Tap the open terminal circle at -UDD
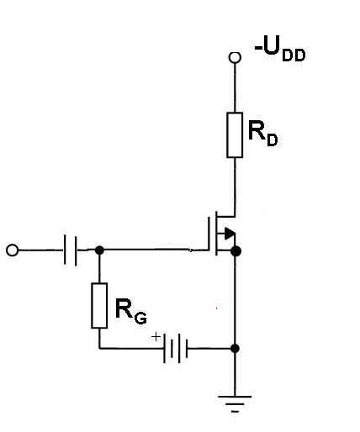pyautogui.click(x=235, y=57)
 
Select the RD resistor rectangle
pyautogui.click(x=235, y=135)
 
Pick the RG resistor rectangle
pyautogui.click(x=99, y=305)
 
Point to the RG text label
pyautogui.click(x=130, y=312)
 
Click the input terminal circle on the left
pyautogui.click(x=12, y=250)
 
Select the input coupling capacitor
pyautogui.click(x=70, y=250)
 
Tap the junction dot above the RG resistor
pyautogui.click(x=99, y=250)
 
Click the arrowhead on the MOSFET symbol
pyautogui.click(x=230, y=234)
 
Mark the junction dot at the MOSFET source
pyautogui.click(x=236, y=251)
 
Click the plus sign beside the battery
pyautogui.click(x=156, y=336)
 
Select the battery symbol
pyautogui.click(x=176, y=348)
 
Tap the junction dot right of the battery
pyautogui.click(x=235, y=349)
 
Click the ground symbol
pyautogui.click(x=235, y=404)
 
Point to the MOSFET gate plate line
pyautogui.click(x=209, y=234)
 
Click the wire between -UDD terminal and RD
pyautogui.click(x=235, y=88)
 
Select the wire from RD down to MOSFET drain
pyautogui.click(x=235, y=187)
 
